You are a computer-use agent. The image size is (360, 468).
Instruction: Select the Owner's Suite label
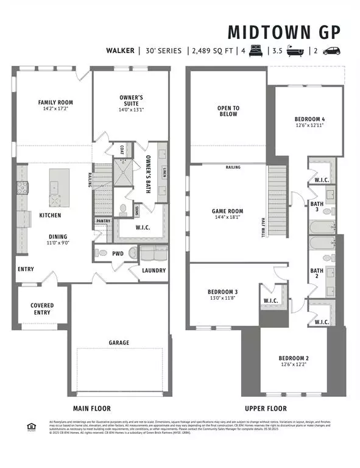click(x=130, y=101)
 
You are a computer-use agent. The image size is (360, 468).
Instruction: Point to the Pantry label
click(x=103, y=221)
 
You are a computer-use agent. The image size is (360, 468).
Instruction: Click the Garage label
click(x=119, y=342)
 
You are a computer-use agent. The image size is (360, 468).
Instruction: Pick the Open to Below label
click(x=228, y=111)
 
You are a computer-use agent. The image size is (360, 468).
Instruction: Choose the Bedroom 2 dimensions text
click(x=294, y=364)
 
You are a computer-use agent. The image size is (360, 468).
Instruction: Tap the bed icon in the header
click(x=253, y=51)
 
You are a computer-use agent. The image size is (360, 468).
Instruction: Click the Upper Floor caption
click(x=265, y=408)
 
